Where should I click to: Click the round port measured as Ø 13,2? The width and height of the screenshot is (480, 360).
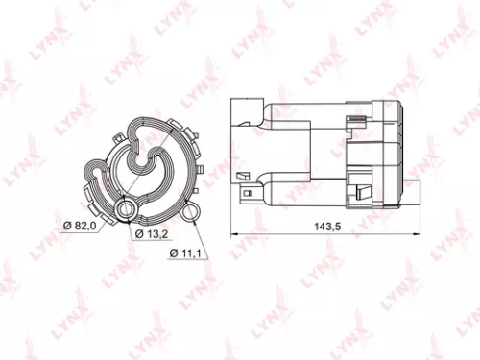tap(125, 206)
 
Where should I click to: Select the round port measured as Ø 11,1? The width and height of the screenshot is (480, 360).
tap(195, 213)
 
